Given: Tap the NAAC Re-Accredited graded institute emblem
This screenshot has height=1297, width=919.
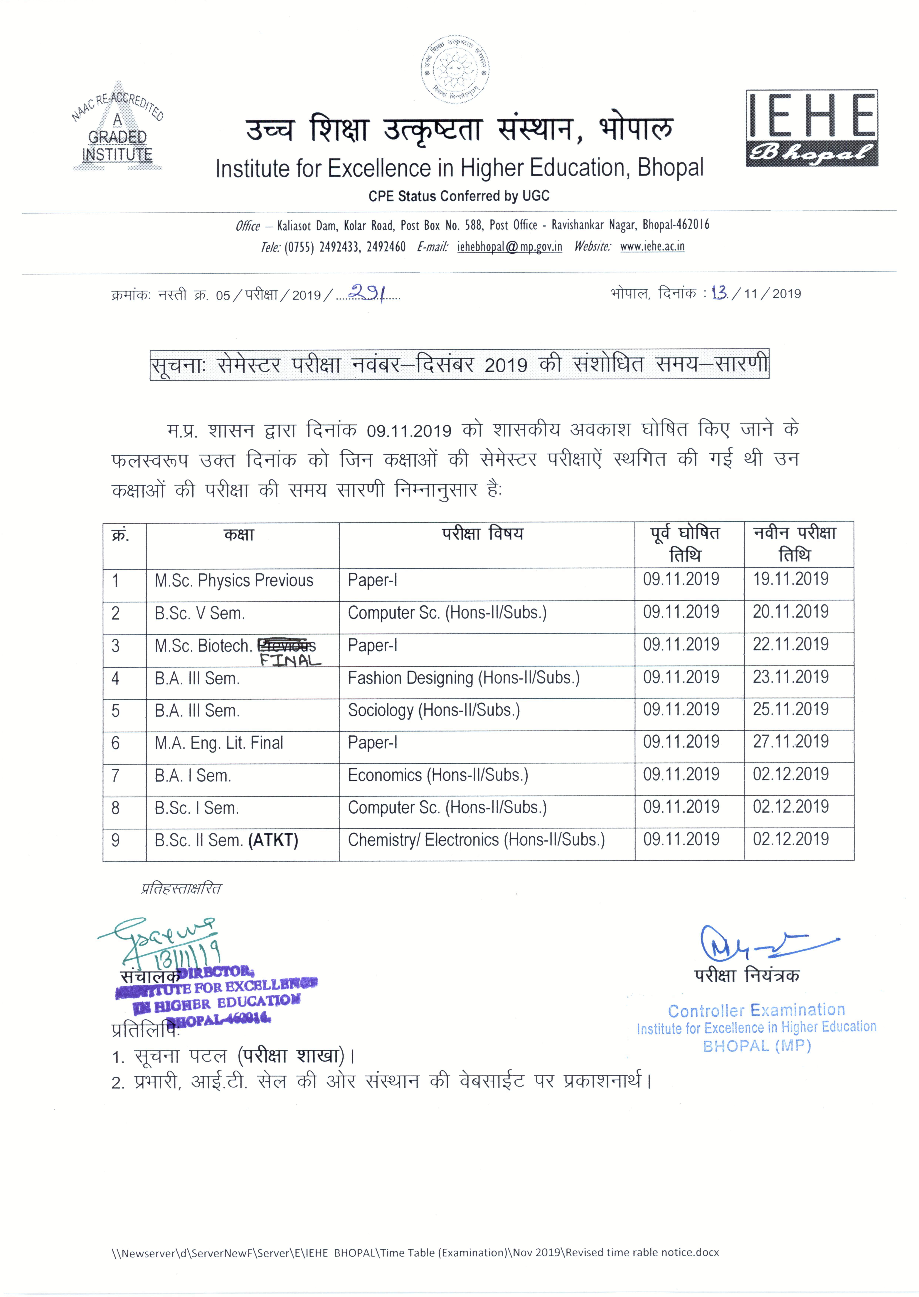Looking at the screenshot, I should [x=117, y=127].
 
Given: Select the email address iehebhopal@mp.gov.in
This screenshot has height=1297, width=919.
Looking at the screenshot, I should [x=509, y=247].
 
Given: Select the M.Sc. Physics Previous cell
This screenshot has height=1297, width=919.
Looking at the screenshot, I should [x=234, y=581].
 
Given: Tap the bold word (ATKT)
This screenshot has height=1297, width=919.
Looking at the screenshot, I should [x=273, y=840].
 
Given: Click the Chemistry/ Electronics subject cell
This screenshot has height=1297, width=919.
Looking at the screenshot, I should [x=476, y=840].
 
